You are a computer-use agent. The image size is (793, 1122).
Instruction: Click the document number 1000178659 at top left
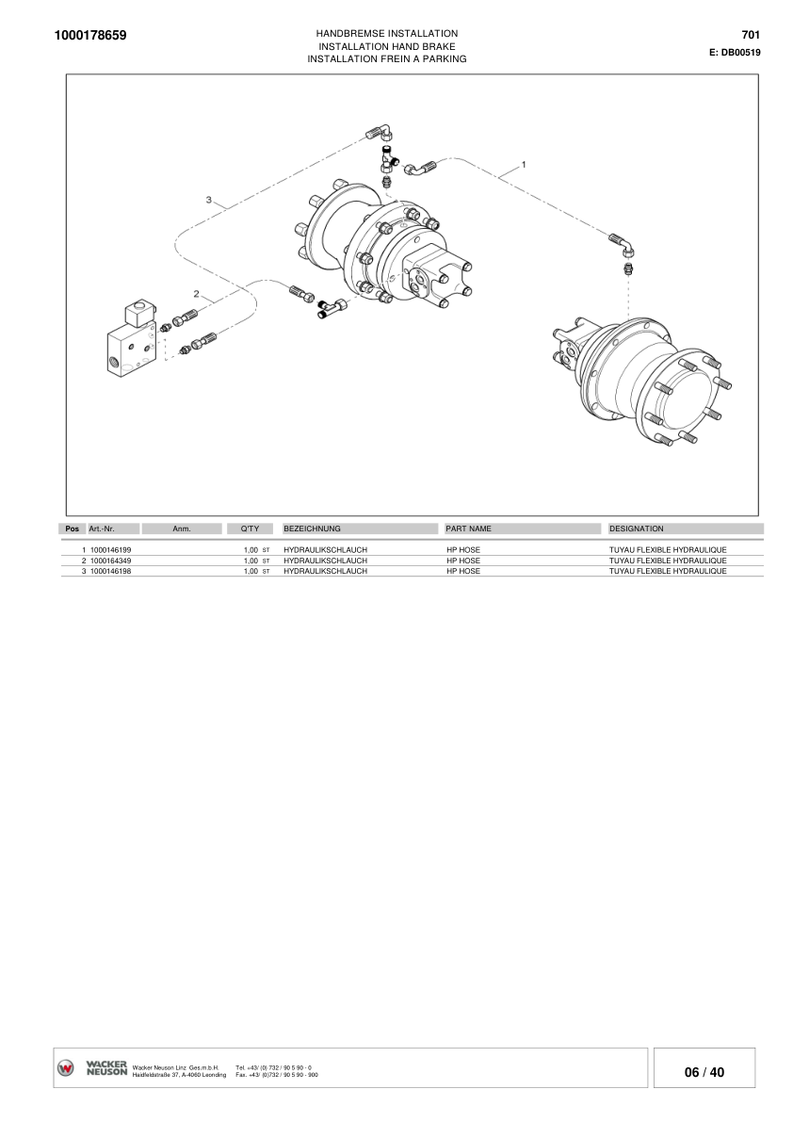coord(91,36)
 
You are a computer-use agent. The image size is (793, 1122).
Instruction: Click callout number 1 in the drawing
coord(524,163)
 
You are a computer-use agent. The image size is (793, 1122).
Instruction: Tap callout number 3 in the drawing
coord(209,199)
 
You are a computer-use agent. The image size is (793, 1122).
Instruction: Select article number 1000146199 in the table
coord(110,549)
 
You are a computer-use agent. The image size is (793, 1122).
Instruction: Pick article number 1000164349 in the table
coord(110,561)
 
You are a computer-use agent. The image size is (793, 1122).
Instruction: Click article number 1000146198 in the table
coord(110,571)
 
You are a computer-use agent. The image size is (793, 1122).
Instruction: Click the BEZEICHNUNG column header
coord(312,529)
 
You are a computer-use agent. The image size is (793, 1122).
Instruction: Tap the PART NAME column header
coord(469,529)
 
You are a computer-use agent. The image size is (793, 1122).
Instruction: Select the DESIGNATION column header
coord(637,529)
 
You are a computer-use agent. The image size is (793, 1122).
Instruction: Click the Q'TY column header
coord(251,529)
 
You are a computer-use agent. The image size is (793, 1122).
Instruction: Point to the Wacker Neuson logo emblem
coord(66,1068)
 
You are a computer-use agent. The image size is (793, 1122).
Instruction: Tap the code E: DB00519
coord(735,53)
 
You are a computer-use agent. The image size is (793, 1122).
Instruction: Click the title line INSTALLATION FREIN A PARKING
coord(388,58)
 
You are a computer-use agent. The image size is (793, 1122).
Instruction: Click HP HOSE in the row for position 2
coord(463,561)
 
